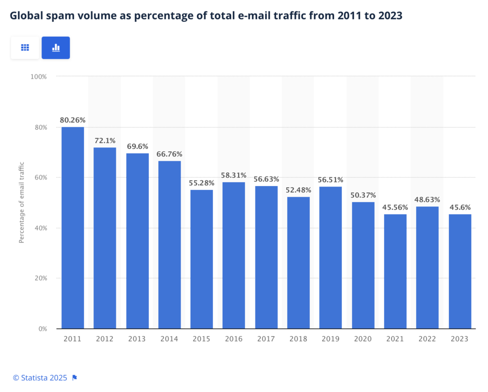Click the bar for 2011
click(x=72, y=227)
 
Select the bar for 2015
click(x=202, y=259)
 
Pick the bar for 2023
click(x=459, y=271)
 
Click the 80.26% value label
click(x=72, y=120)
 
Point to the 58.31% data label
click(x=234, y=175)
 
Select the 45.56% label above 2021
click(x=395, y=207)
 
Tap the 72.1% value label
click(x=105, y=141)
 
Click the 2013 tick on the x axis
click(x=137, y=339)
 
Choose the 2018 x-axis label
click(x=298, y=339)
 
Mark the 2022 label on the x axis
click(x=427, y=339)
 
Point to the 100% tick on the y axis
click(x=39, y=76)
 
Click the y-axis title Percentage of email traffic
click(x=21, y=203)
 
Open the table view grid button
click(x=25, y=48)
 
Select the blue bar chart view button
click(x=56, y=48)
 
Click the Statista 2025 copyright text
click(x=40, y=378)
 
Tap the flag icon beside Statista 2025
click(x=74, y=378)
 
